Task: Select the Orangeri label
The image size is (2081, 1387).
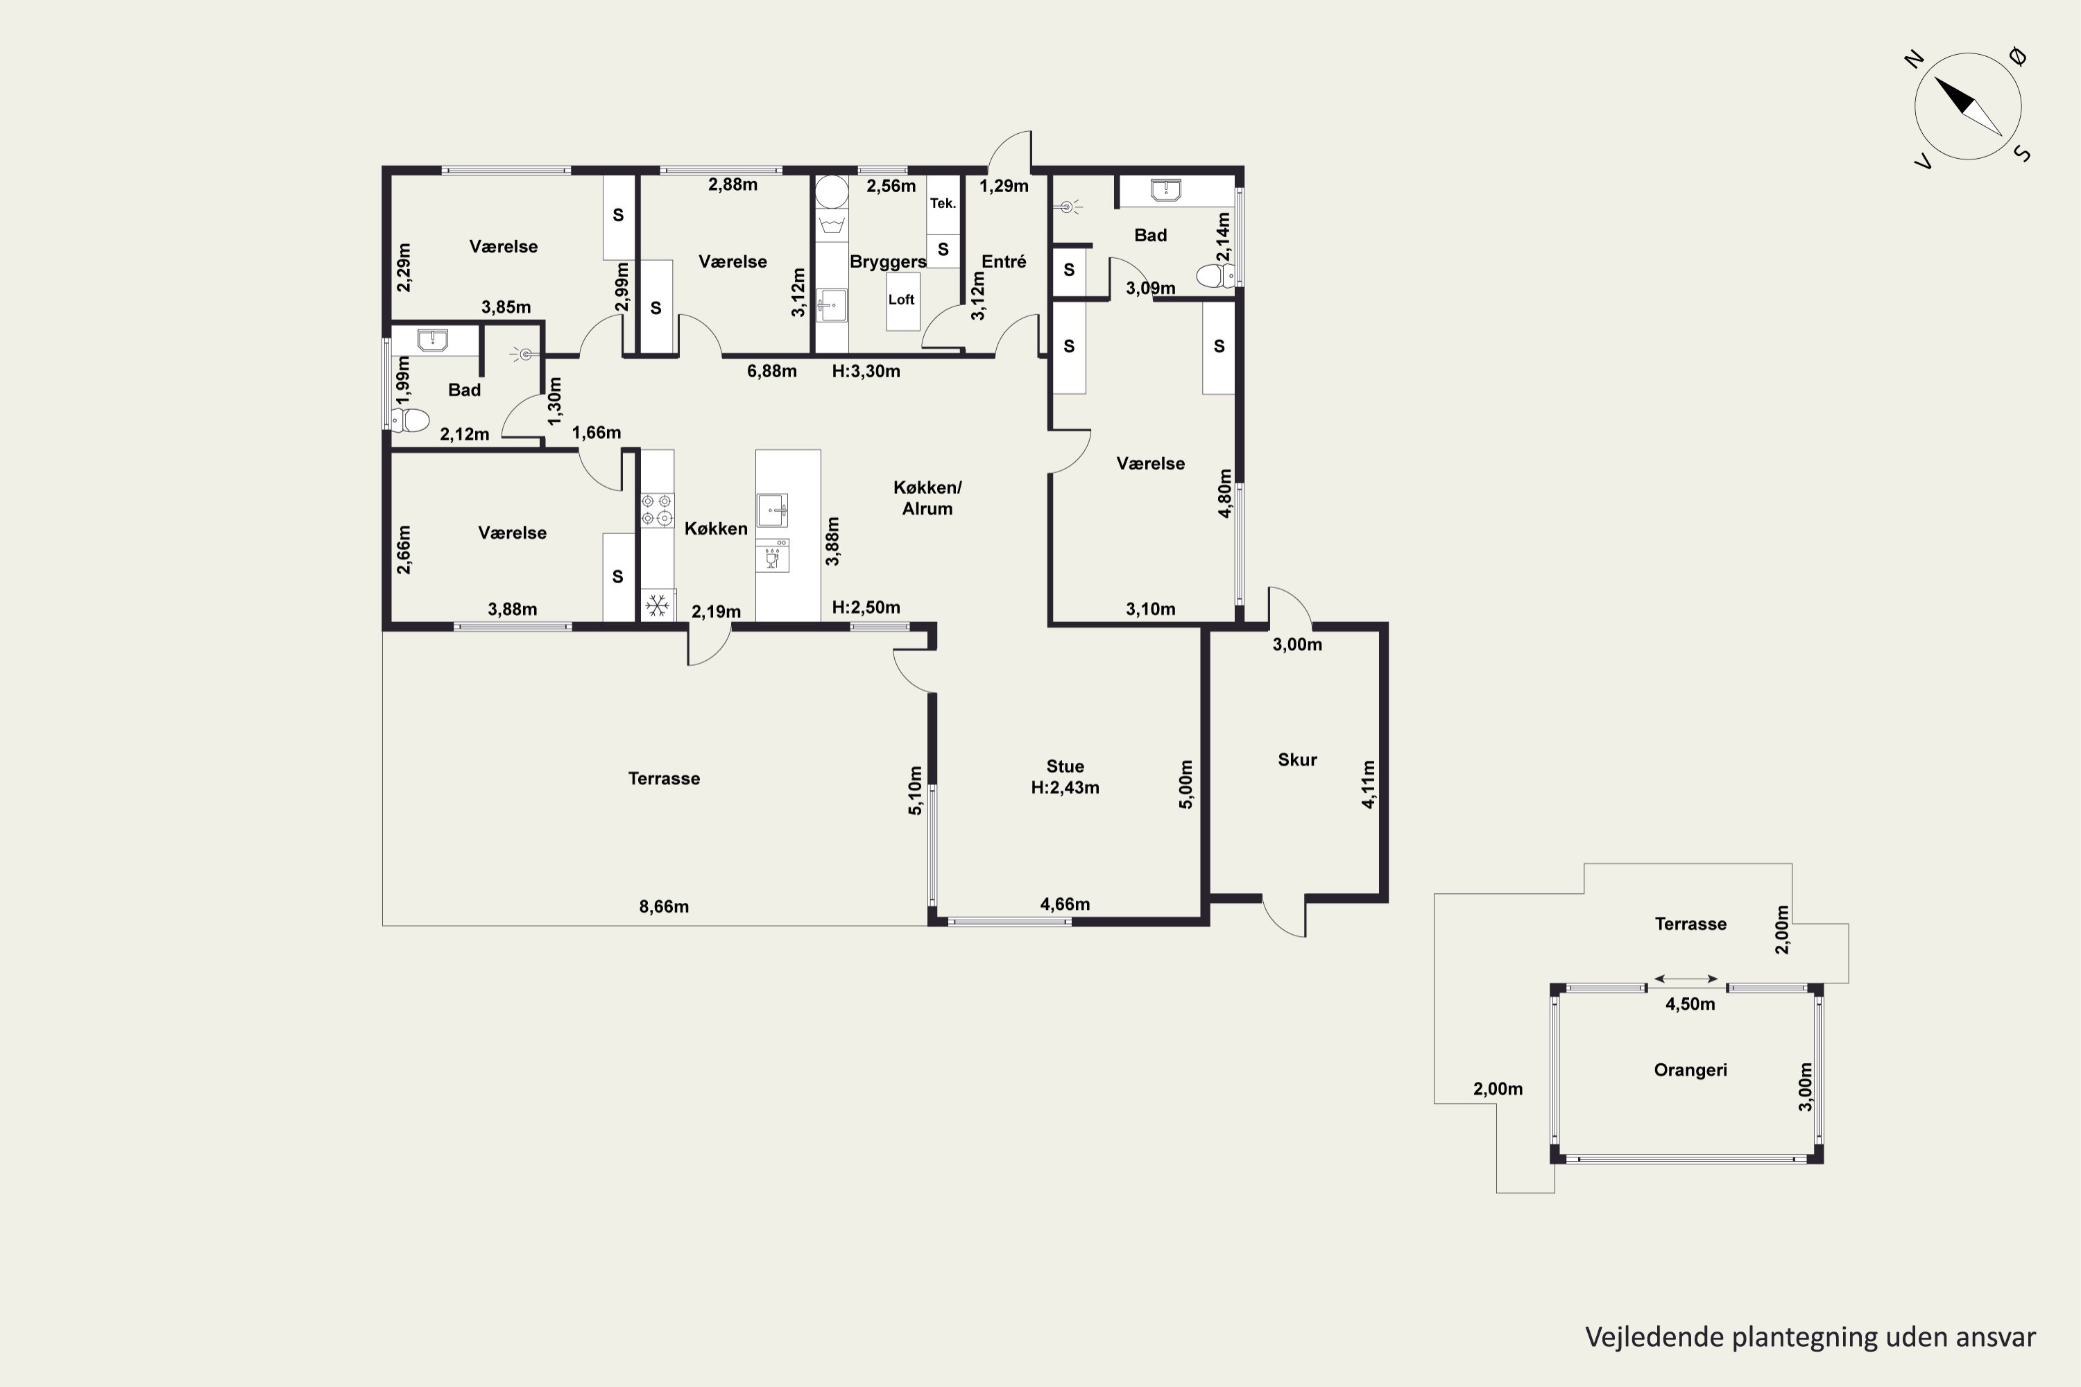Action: pyautogui.click(x=1690, y=1070)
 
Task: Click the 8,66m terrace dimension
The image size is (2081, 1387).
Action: pyautogui.click(x=664, y=906)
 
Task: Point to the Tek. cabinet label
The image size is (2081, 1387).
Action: pyautogui.click(x=943, y=203)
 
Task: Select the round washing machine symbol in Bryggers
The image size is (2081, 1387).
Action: pyautogui.click(x=831, y=191)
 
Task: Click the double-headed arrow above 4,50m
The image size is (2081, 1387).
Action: pyautogui.click(x=1686, y=979)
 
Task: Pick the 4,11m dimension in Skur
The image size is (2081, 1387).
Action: pyautogui.click(x=1368, y=784)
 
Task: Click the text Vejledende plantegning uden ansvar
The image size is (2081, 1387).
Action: pyautogui.click(x=1810, y=1336)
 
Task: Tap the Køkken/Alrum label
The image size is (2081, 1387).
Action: pyautogui.click(x=927, y=498)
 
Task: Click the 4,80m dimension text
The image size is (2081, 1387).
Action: pyautogui.click(x=1224, y=494)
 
